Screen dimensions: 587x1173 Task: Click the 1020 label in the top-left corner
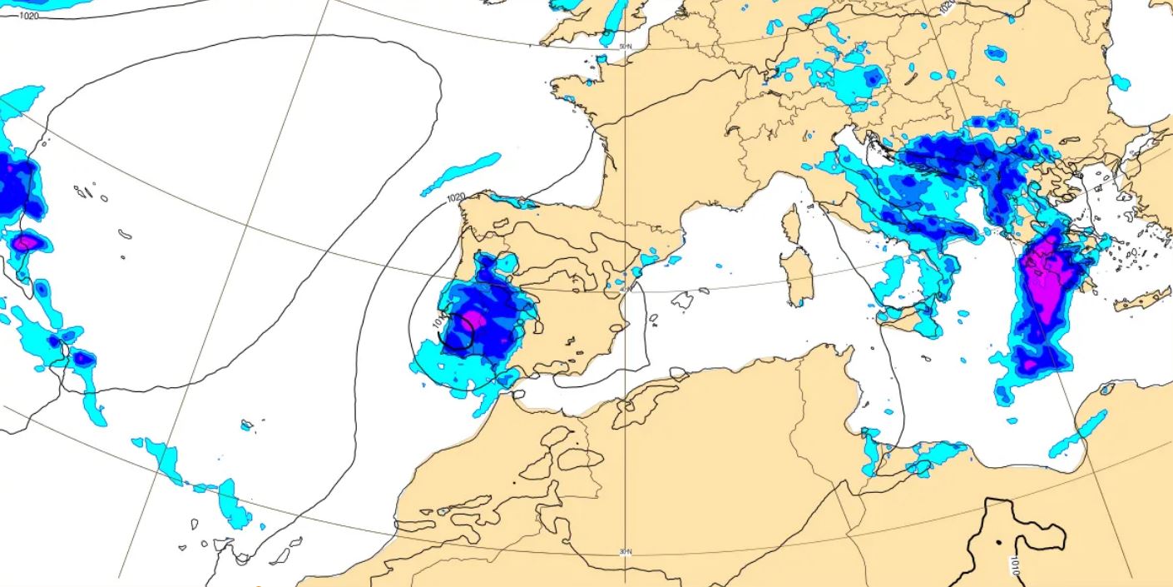28,15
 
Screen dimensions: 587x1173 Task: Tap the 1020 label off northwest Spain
456,198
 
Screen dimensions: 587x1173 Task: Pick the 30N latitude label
626,552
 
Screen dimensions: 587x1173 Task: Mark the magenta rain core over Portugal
473,320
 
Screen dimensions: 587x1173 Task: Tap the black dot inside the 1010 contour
998,543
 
